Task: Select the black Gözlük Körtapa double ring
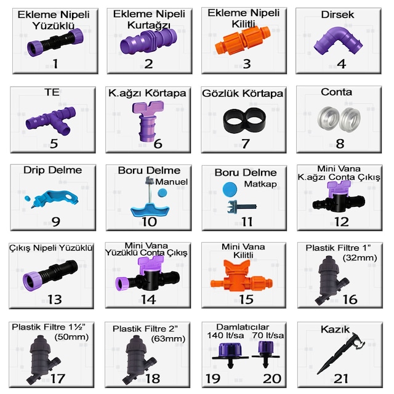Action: click(244, 120)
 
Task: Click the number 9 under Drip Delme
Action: click(56, 222)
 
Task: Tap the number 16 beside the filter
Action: click(350, 299)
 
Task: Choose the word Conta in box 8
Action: click(336, 92)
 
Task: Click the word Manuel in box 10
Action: click(171, 182)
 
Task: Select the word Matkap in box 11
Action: click(260, 184)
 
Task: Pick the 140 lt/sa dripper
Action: click(230, 355)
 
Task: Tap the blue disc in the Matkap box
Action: click(230, 189)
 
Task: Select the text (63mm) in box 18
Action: click(168, 339)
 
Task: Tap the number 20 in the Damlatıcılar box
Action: click(272, 379)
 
